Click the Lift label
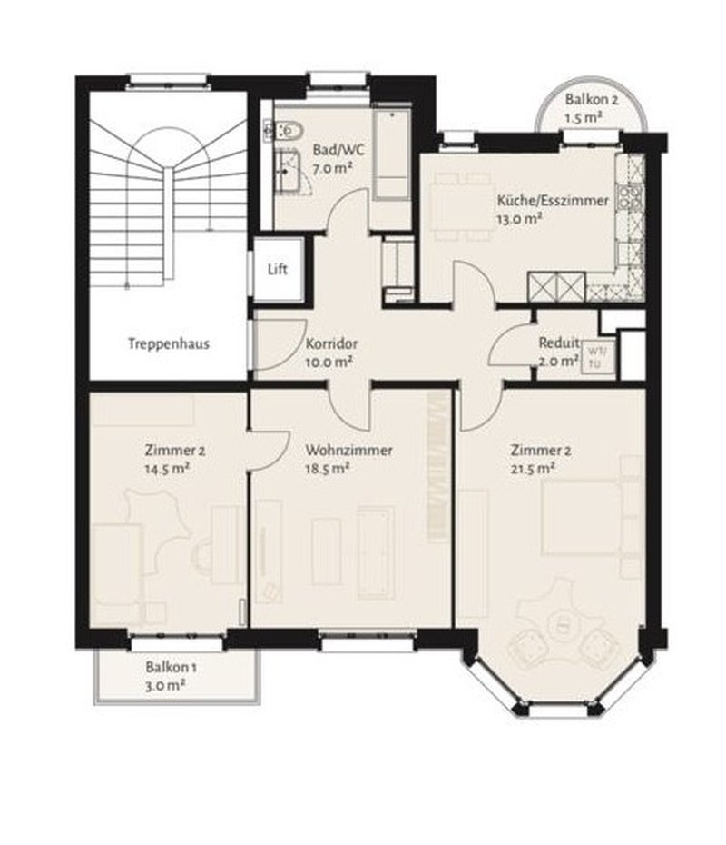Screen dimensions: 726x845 278,269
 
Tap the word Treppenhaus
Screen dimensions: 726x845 169,343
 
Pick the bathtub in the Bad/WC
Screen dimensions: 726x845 392,154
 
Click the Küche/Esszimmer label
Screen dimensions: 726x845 552,201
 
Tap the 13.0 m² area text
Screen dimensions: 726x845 519,219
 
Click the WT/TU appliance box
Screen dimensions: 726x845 596,357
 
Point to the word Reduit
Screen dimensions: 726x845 559,343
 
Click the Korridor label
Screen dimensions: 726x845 331,343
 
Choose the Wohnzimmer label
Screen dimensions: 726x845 348,450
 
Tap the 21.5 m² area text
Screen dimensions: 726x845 533,469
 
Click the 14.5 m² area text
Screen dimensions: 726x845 167,469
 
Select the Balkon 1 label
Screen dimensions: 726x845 171,667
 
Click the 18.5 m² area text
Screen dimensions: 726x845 328,469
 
